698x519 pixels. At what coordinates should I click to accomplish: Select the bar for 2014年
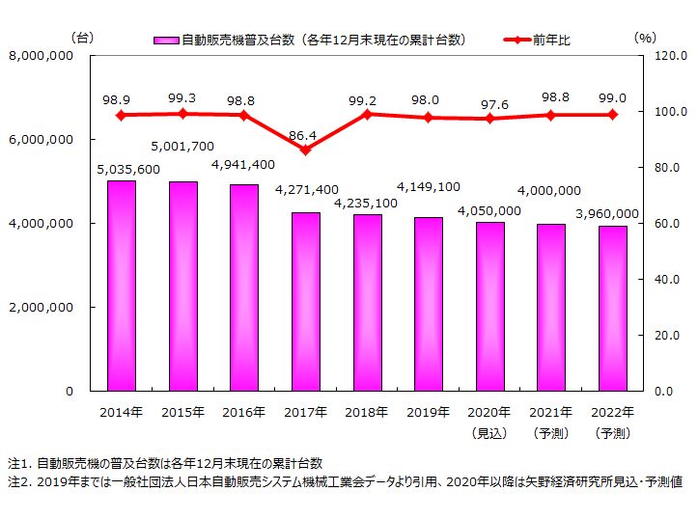pos(121,286)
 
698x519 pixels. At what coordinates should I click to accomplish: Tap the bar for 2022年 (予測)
pos(612,309)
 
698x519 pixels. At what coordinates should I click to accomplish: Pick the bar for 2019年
pos(428,304)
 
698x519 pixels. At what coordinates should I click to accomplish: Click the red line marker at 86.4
pos(305,150)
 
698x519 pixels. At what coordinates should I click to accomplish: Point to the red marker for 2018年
pos(367,115)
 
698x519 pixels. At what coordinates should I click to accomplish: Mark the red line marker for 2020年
pos(489,119)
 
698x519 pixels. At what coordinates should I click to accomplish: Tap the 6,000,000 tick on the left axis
pos(42,140)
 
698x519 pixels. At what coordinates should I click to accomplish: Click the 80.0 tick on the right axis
pos(665,168)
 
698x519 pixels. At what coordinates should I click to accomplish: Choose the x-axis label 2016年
pos(243,412)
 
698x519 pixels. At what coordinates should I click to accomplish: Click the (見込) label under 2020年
pos(489,433)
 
